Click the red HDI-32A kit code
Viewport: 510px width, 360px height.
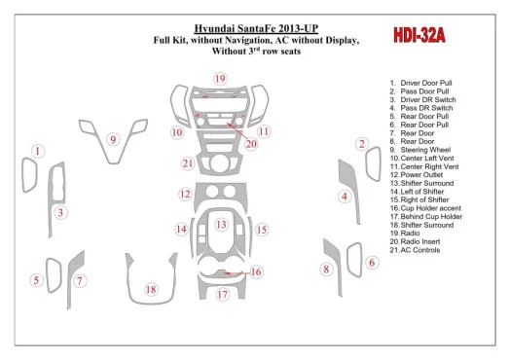coord(419,35)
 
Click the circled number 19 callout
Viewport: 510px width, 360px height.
coord(220,79)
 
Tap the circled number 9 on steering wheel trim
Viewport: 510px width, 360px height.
coord(113,139)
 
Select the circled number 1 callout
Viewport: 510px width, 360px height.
coord(38,151)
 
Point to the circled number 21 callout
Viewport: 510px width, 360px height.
coord(188,163)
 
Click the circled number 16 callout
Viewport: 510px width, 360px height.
coord(256,271)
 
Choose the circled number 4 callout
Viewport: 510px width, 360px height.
coord(345,197)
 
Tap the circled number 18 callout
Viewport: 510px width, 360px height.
coord(151,289)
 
